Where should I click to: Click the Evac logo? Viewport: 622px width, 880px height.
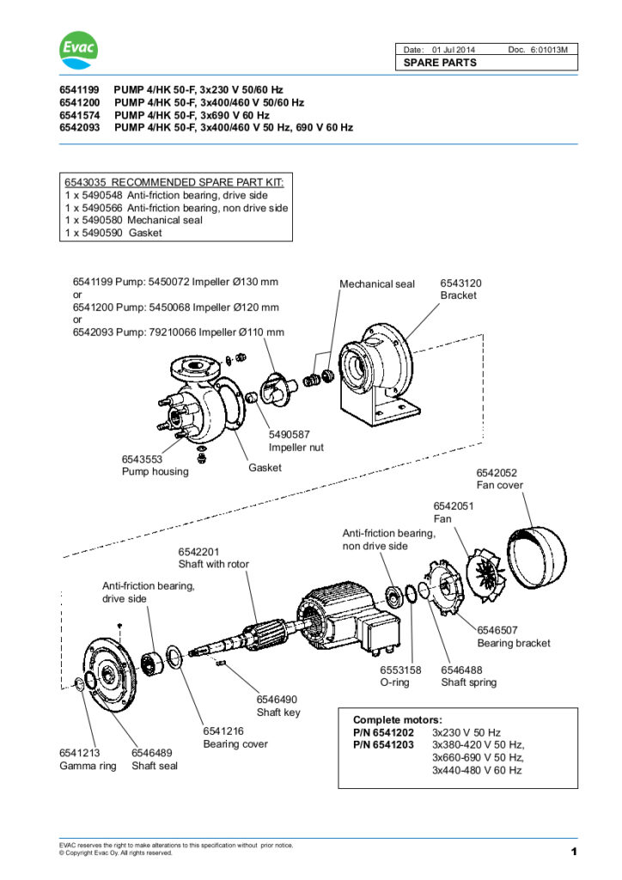79,51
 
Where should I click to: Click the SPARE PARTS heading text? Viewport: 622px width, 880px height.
440,63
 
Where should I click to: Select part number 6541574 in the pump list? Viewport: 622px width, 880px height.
78,114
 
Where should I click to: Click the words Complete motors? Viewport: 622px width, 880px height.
398,719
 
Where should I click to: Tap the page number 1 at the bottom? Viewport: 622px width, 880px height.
572,852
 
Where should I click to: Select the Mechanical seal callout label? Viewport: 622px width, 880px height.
376,284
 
